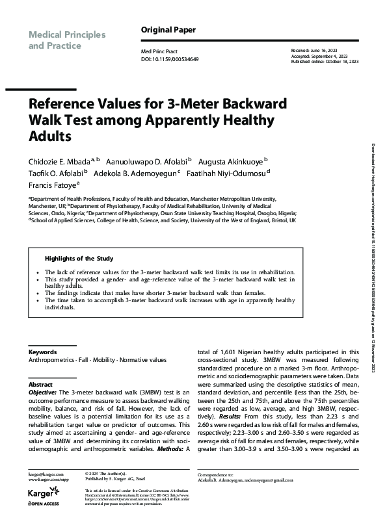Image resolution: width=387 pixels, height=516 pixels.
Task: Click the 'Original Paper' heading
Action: pos(168,30)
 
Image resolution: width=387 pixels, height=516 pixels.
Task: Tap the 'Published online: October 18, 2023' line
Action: pos(323,61)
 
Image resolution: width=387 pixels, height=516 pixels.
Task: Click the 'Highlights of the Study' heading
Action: pos(77,258)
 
